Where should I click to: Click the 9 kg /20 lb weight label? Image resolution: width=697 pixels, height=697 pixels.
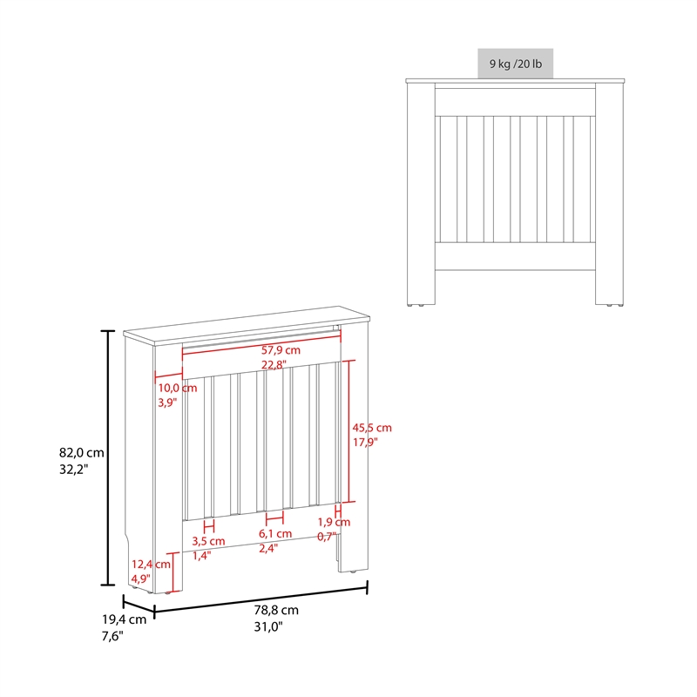[x=515, y=64]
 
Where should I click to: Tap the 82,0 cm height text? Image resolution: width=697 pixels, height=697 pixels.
[x=81, y=452]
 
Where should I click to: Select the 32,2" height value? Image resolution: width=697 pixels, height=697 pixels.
[x=74, y=469]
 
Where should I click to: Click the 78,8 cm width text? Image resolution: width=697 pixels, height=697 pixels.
[x=277, y=610]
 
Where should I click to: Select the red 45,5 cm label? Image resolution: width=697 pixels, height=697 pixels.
[x=372, y=428]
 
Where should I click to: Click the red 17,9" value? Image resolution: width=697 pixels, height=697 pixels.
[x=365, y=443]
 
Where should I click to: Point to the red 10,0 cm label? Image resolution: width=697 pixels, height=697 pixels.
[x=177, y=388]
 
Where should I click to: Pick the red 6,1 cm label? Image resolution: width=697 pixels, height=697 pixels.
[x=275, y=533]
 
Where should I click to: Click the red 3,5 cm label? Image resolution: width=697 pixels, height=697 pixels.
[x=208, y=541]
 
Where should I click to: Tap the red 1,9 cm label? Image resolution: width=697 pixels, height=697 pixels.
[x=333, y=522]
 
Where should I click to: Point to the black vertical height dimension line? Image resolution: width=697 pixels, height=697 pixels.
[x=108, y=457]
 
